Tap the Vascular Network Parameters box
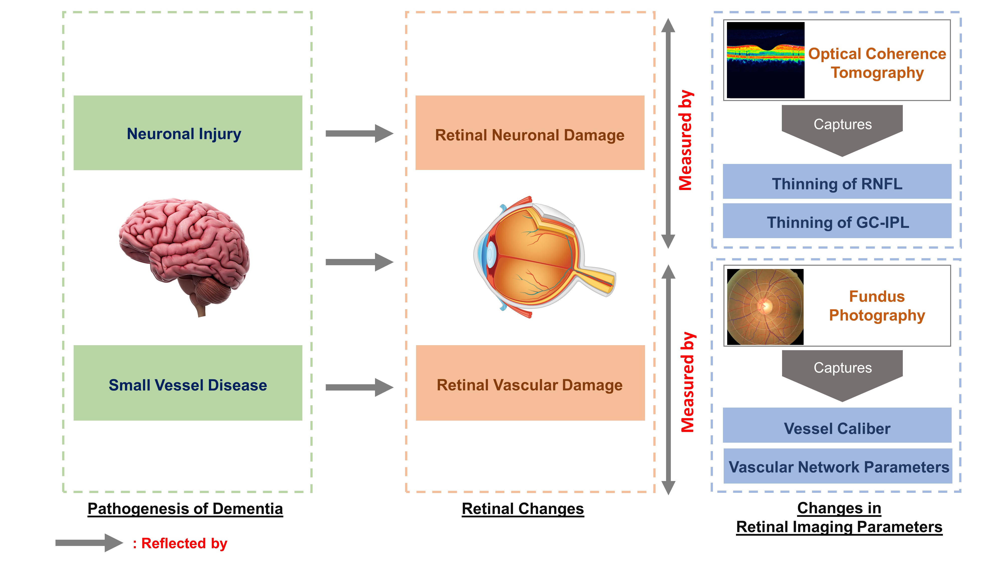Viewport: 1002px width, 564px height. (x=837, y=466)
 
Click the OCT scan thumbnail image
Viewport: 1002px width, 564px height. (x=765, y=60)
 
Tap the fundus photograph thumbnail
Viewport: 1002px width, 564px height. (x=765, y=307)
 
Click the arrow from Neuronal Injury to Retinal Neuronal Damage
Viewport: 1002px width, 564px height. (x=359, y=134)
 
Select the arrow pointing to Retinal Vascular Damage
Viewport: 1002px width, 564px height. (x=359, y=387)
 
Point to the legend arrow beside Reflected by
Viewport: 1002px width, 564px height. (x=89, y=543)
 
